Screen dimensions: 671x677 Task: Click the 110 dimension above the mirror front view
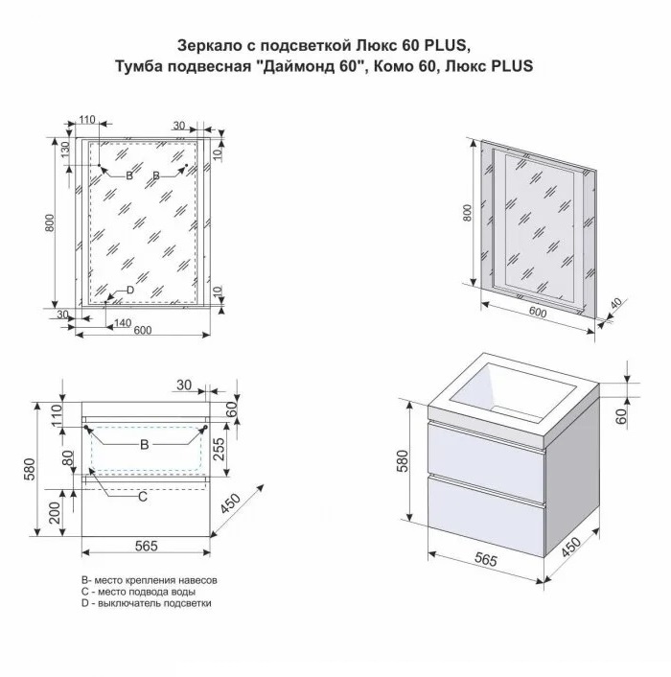pyautogui.click(x=87, y=119)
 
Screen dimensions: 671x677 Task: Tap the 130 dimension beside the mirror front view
pyautogui.click(x=65, y=150)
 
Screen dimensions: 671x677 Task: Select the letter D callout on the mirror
pyautogui.click(x=130, y=291)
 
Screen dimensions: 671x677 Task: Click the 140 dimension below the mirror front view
pyautogui.click(x=123, y=322)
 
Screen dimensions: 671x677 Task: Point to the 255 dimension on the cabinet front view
pyautogui.click(x=219, y=449)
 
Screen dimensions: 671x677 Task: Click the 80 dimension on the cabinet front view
pyautogui.click(x=68, y=458)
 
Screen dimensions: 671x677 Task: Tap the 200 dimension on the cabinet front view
pyautogui.click(x=55, y=512)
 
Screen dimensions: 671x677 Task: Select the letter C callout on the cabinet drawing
pyautogui.click(x=143, y=497)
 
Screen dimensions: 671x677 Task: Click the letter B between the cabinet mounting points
pyautogui.click(x=145, y=444)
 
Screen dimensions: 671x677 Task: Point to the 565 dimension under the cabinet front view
pyautogui.click(x=147, y=546)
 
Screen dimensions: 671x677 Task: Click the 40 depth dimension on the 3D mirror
pyautogui.click(x=616, y=303)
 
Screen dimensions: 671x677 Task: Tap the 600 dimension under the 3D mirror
pyautogui.click(x=537, y=312)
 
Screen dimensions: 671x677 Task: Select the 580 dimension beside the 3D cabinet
pyautogui.click(x=403, y=461)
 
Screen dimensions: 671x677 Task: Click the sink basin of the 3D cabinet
pyautogui.click(x=512, y=390)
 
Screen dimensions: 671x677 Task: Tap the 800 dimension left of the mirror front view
pyautogui.click(x=51, y=222)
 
